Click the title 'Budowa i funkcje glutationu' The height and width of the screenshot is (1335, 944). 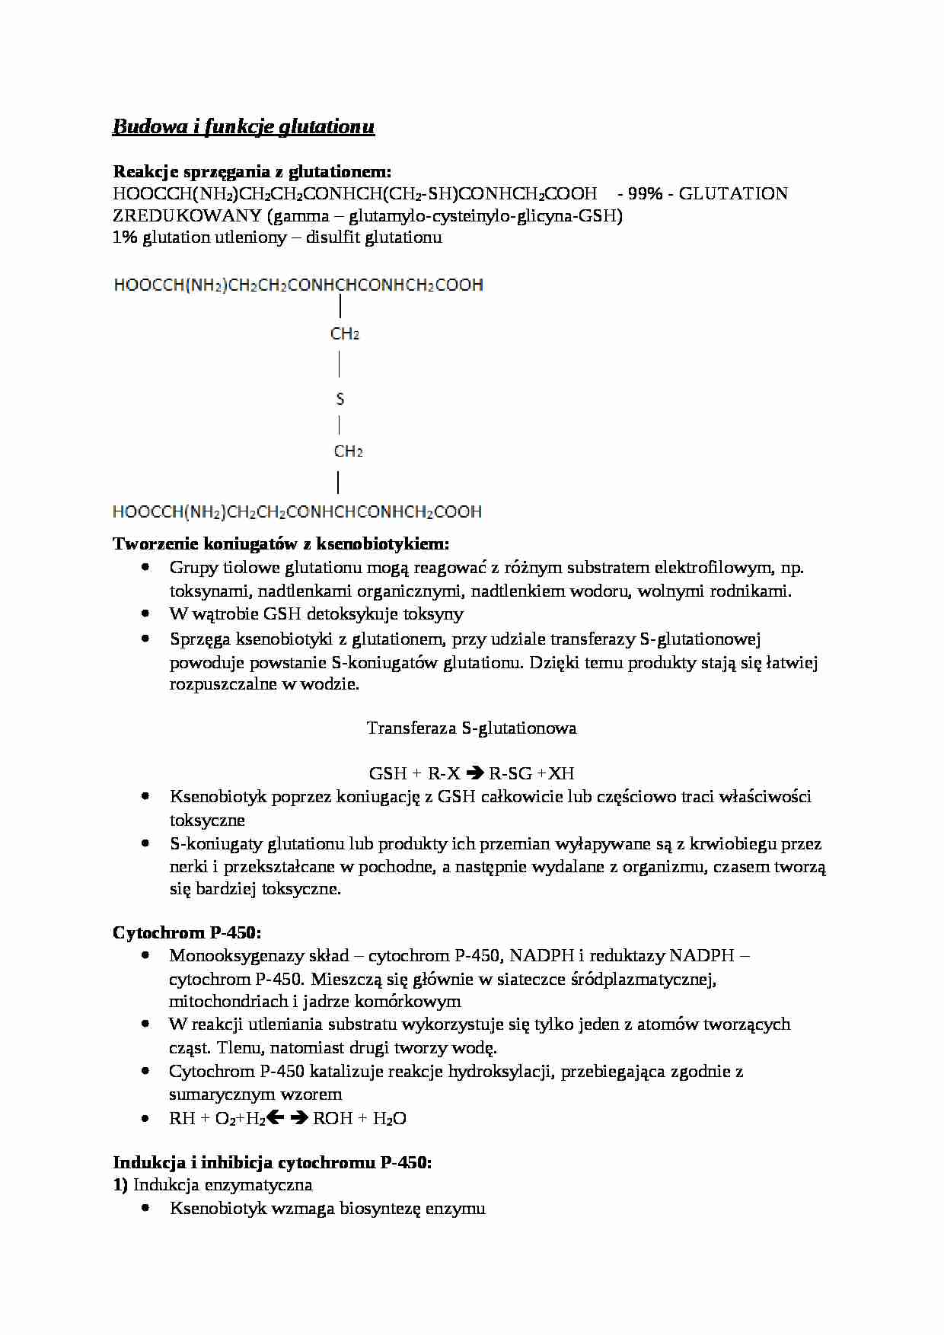coord(244,126)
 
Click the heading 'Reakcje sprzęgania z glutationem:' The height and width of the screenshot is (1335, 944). coord(252,171)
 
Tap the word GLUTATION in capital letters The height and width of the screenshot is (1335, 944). coord(732,194)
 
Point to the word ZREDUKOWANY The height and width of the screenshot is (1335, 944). coord(187,216)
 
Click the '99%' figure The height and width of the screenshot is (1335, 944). coord(645,194)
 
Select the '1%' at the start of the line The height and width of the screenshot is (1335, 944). coord(125,237)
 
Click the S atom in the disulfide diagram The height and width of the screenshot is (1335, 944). coord(340,399)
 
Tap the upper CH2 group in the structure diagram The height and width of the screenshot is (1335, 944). coord(344,333)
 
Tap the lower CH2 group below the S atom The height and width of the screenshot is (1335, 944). coord(348,451)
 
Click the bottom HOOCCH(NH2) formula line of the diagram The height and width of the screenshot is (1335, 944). coord(297,511)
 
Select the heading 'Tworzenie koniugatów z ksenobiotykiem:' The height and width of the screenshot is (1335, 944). coord(281,543)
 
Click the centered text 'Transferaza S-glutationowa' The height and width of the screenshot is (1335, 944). coord(471,728)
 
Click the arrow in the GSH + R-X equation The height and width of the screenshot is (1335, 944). coord(474,773)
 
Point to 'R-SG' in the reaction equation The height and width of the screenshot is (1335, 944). coord(510,774)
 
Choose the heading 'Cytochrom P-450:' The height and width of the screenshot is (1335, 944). coord(187,933)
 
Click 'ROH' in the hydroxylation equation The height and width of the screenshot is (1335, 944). coord(333,1118)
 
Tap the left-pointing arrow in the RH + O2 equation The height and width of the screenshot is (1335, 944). coord(276,1118)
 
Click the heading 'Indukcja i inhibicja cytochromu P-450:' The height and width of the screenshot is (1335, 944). coord(273,1162)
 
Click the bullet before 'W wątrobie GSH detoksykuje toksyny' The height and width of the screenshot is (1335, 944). coord(145,613)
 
